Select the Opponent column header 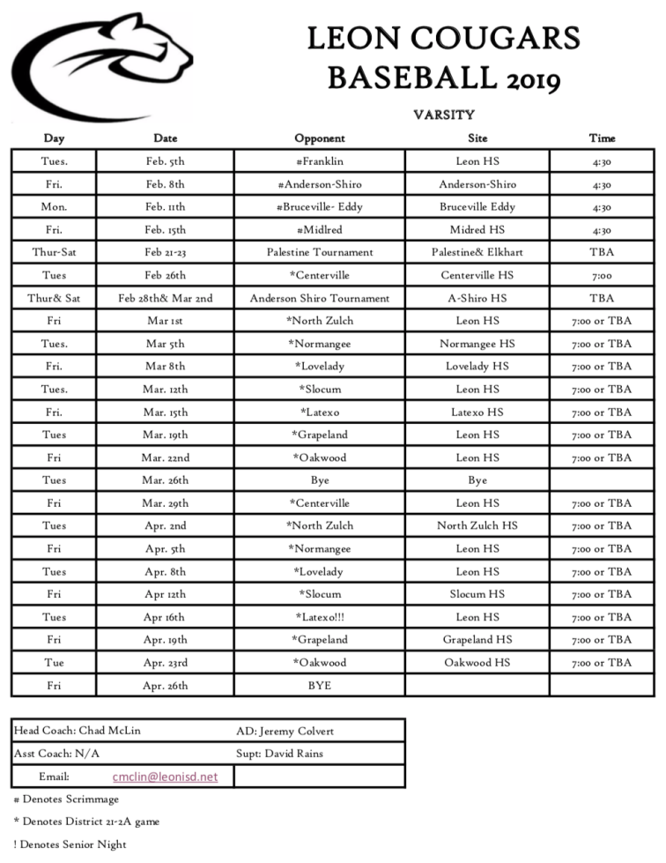coord(319,138)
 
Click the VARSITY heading coord(444,115)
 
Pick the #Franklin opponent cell coord(319,161)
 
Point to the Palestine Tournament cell coord(319,252)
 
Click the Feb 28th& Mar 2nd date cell coord(166,298)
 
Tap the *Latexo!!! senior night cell coord(319,617)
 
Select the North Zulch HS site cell coord(477,526)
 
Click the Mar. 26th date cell coord(166,480)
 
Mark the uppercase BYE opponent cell coord(319,685)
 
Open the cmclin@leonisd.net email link coord(165,777)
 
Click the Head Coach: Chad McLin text coord(77,731)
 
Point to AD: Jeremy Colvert coord(285,731)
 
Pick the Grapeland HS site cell coord(477,640)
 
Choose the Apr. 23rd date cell coord(166,663)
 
